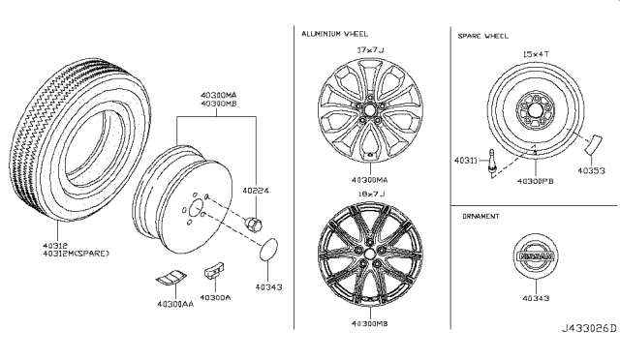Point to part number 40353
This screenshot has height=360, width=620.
click(592, 171)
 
